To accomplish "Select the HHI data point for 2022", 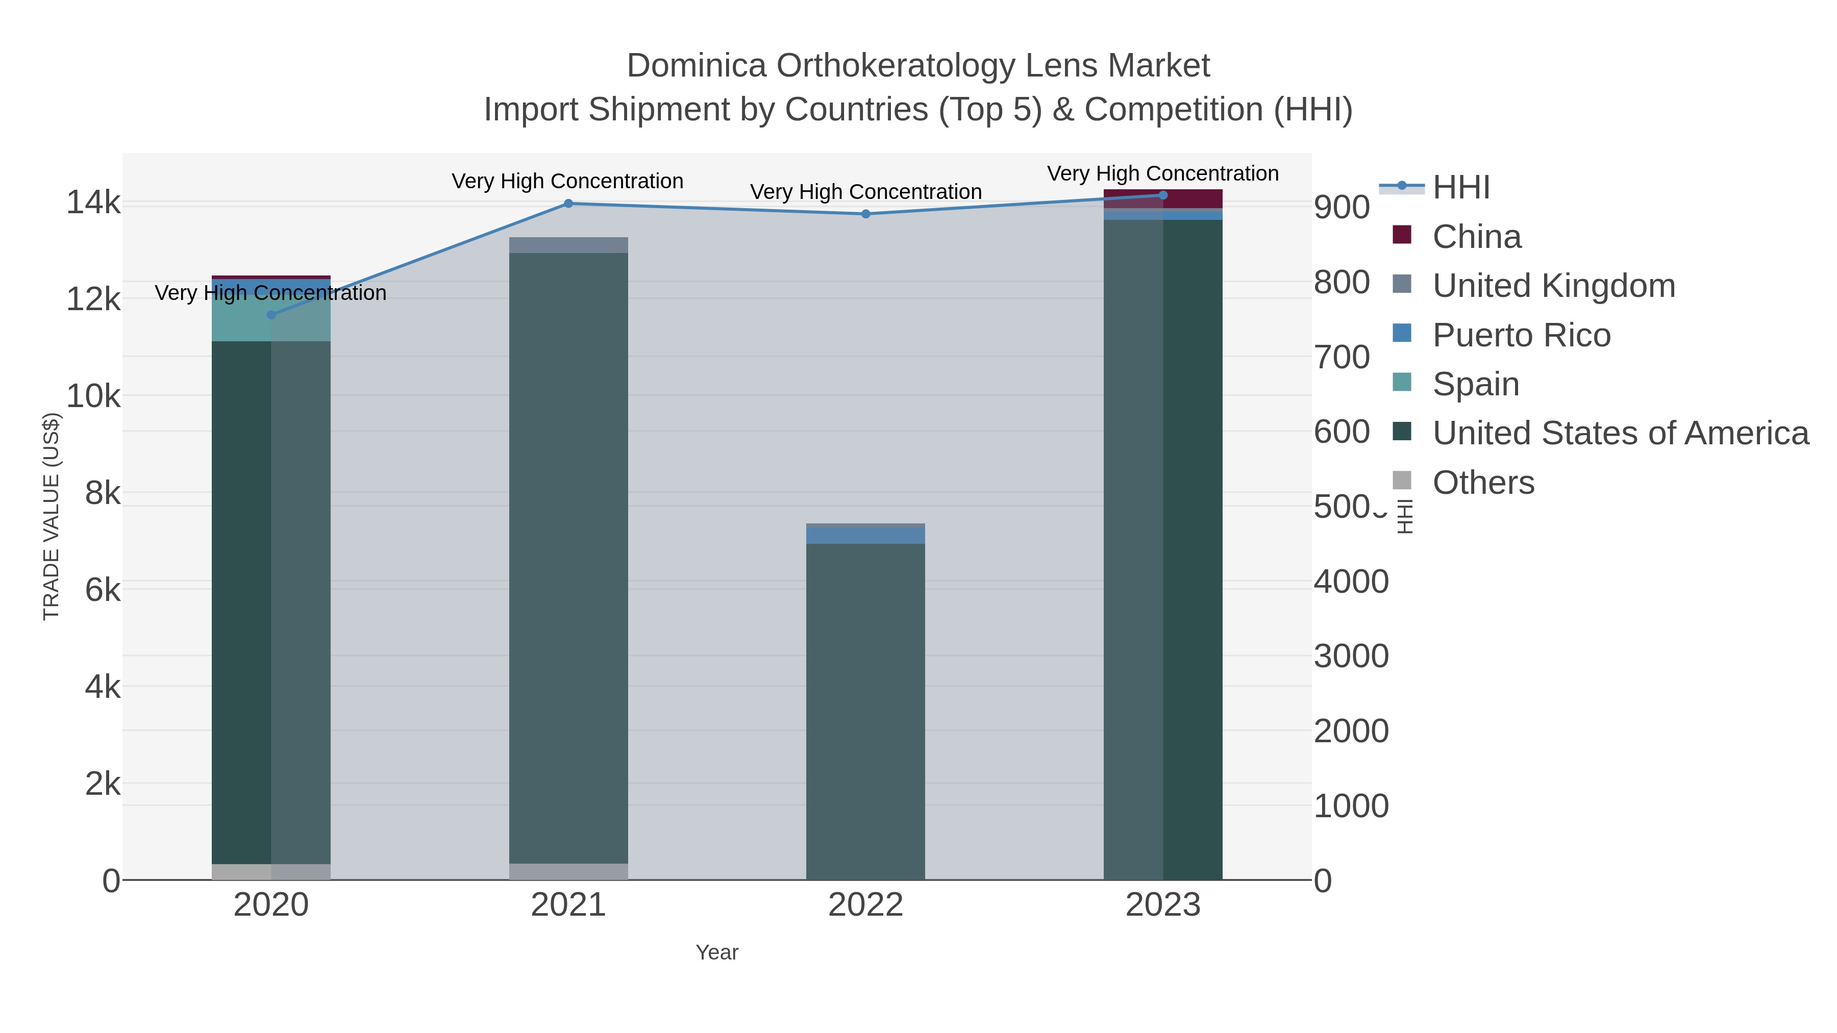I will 866,214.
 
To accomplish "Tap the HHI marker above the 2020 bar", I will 271,314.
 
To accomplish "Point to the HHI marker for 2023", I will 1163,195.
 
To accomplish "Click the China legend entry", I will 1476,237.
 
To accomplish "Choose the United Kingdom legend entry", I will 1553,286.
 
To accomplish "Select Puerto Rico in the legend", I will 1521,335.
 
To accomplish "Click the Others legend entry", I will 1482,483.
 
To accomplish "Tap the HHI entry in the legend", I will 1460,188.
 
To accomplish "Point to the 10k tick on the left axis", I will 94,396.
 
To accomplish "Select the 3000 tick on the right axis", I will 1351,656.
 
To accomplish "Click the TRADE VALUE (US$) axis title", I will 52,516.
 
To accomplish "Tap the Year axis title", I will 717,952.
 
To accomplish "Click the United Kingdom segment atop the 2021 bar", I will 568,244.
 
